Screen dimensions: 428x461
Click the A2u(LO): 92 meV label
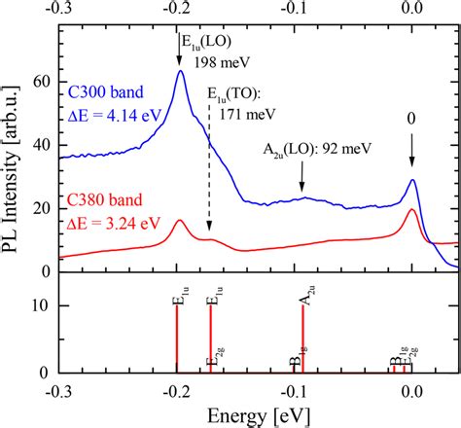(x=310, y=149)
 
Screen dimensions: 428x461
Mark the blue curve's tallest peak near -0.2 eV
(x=179, y=71)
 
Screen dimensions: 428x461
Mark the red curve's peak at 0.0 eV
(x=412, y=210)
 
